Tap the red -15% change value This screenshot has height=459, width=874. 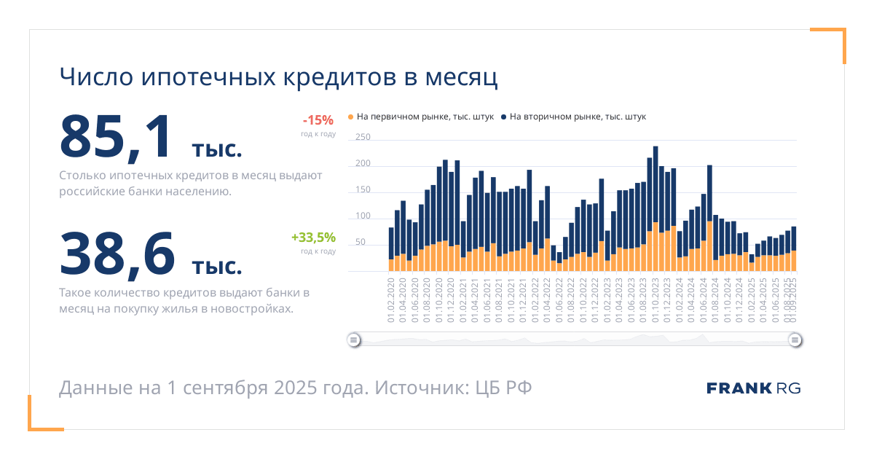click(318, 120)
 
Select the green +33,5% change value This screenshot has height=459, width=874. click(313, 237)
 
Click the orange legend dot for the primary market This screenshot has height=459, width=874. click(350, 117)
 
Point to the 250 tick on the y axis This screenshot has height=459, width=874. click(363, 137)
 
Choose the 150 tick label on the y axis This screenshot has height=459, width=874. click(363, 189)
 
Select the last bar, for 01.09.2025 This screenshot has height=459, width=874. click(794, 248)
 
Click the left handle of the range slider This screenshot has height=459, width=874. click(353, 340)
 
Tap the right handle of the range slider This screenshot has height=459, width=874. click(795, 340)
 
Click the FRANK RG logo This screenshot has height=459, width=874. click(753, 388)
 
